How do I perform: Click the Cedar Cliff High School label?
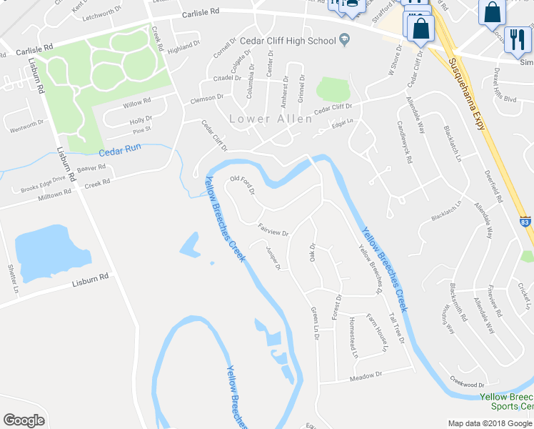click(x=288, y=41)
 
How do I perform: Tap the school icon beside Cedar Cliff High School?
click(x=344, y=40)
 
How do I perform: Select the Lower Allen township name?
click(x=271, y=119)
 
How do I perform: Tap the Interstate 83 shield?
click(x=525, y=222)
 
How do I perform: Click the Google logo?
click(x=24, y=420)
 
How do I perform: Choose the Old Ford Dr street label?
click(x=242, y=184)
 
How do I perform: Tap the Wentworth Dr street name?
click(x=28, y=127)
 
